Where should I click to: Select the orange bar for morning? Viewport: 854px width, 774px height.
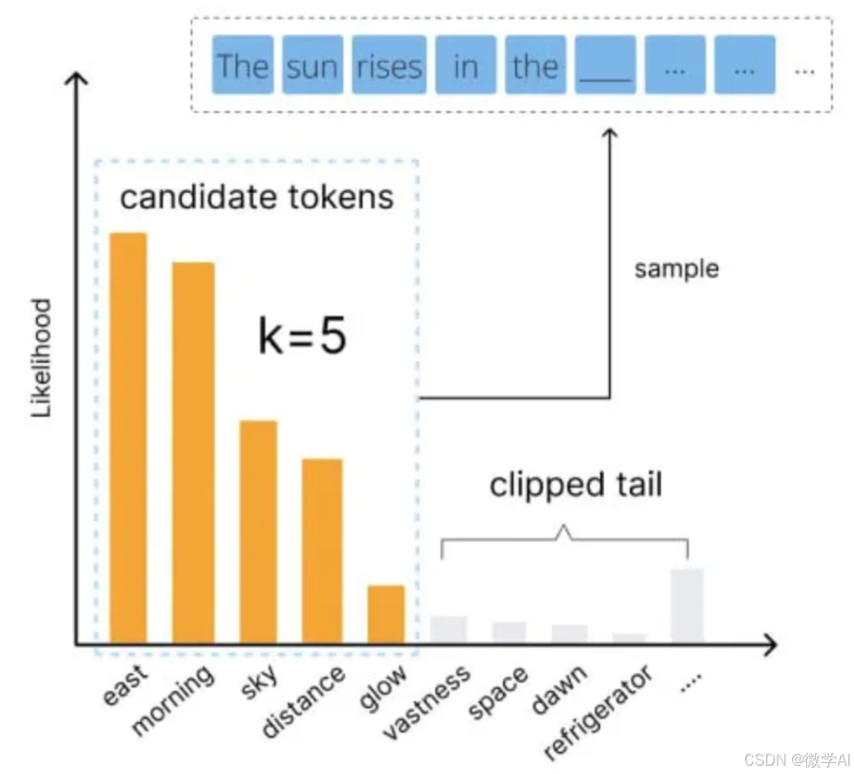coord(193,453)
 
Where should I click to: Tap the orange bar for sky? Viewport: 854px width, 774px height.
coord(259,531)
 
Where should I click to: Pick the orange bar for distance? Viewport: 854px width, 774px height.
coord(322,550)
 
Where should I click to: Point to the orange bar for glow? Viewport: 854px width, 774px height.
coord(386,613)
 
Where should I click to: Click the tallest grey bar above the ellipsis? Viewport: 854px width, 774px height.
coord(687,605)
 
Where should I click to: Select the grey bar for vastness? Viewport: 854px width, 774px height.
coord(449,629)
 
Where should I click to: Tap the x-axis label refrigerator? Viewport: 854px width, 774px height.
coord(597,711)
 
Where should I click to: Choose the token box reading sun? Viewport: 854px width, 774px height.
coord(312,66)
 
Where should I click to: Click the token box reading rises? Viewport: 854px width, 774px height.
coord(389,66)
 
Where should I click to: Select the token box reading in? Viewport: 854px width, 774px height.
coord(465,66)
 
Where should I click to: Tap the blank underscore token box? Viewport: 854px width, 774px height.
coord(605,66)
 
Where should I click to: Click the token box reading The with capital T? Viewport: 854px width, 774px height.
coord(242,66)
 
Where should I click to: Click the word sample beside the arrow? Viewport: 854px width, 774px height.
coord(677,269)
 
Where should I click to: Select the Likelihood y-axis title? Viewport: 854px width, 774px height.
coord(42,357)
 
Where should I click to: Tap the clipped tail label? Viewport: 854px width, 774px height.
coord(575,485)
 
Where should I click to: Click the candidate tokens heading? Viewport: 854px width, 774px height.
coord(257,197)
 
